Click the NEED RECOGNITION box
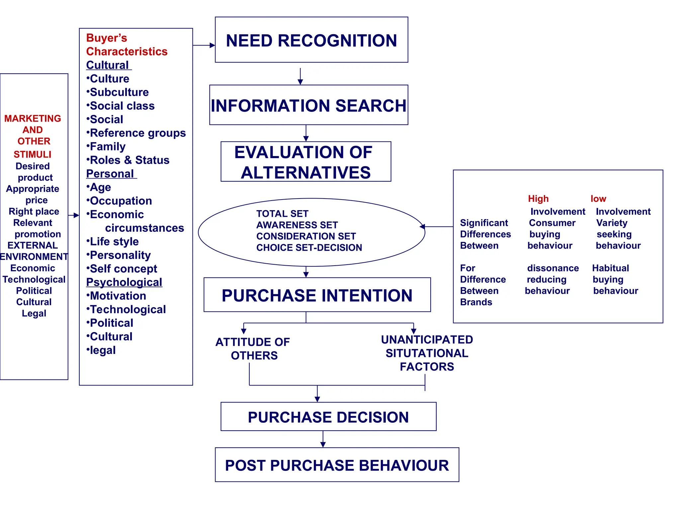(x=311, y=40)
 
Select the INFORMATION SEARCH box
(x=308, y=105)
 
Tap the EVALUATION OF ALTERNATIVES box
(x=305, y=162)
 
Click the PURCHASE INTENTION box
(x=317, y=295)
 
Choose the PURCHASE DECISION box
(x=328, y=417)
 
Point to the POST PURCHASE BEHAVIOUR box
(x=337, y=465)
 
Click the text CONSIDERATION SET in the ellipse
(x=306, y=236)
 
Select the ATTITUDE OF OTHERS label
(x=253, y=349)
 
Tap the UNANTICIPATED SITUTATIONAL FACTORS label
(x=427, y=353)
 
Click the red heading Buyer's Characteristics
(x=127, y=45)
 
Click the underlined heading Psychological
(x=124, y=282)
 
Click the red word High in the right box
(x=538, y=199)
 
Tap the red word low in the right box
(x=598, y=199)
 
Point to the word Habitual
(x=610, y=268)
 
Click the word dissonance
(x=553, y=268)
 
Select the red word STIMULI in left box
(x=33, y=154)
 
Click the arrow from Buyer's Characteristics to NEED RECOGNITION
(x=204, y=45)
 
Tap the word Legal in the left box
(x=34, y=313)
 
